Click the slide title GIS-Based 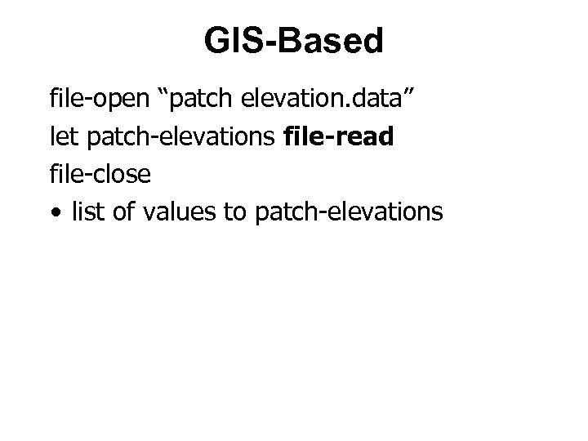pyautogui.click(x=294, y=41)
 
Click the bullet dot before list pyautogui.click(x=55, y=213)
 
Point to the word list pyautogui.click(x=86, y=212)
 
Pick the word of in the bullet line pyautogui.click(x=122, y=212)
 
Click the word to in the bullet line pyautogui.click(x=235, y=212)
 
